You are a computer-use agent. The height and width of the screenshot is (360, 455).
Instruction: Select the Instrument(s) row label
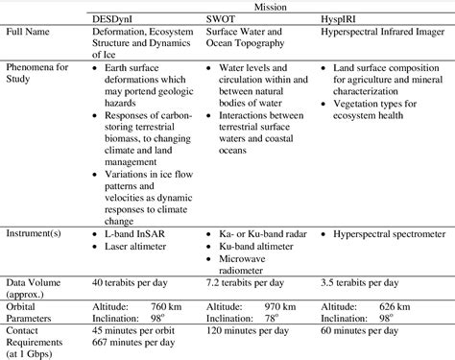pyautogui.click(x=40, y=233)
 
